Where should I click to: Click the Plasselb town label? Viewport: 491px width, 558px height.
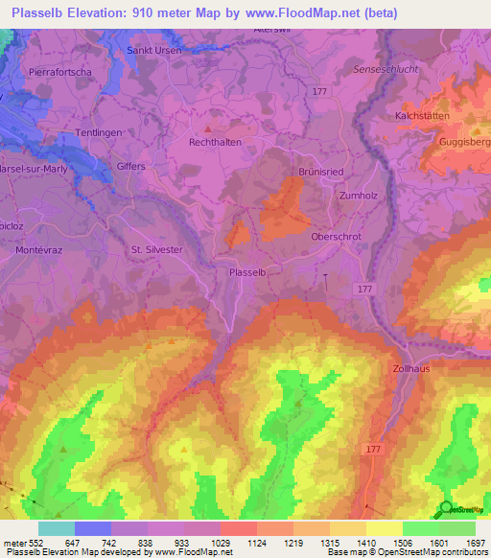pos(254,272)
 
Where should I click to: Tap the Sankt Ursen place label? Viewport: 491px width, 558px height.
pos(155,51)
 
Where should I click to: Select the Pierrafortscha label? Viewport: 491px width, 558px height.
pos(60,71)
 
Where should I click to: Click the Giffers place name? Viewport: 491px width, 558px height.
pos(131,166)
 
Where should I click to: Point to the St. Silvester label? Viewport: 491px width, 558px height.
pos(156,249)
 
